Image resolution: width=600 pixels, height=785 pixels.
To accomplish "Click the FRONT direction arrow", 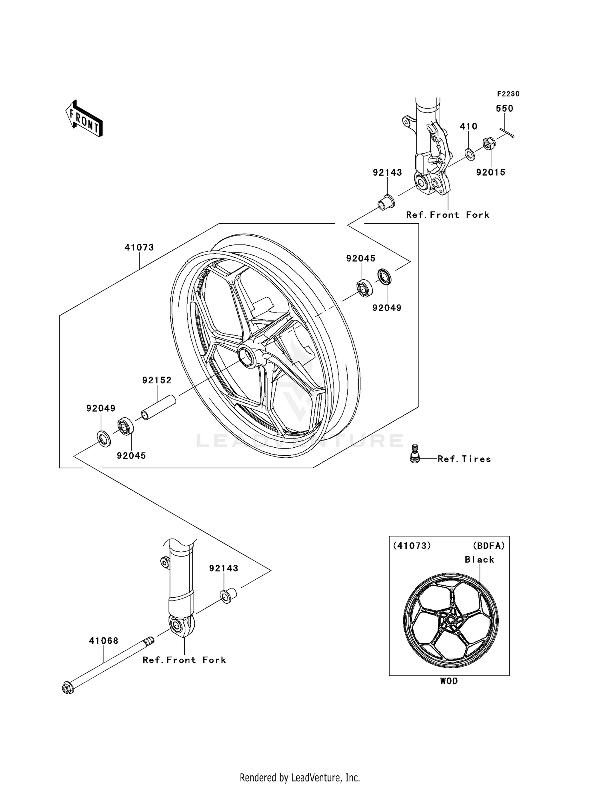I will click(x=84, y=118).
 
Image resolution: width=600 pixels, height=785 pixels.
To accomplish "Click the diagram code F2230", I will click(x=508, y=94).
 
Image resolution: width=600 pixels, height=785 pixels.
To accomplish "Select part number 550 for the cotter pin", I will click(x=504, y=108).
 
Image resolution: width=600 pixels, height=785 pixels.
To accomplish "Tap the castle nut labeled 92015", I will click(x=488, y=143).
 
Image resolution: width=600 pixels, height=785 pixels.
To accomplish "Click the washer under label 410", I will click(x=470, y=154).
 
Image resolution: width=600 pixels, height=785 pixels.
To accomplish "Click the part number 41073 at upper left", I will click(x=139, y=248).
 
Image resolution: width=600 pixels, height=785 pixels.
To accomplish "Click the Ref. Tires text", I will click(x=464, y=459).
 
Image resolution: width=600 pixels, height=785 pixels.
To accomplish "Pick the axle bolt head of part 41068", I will click(x=68, y=688).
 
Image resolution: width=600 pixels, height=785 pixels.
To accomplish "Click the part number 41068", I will click(x=104, y=641).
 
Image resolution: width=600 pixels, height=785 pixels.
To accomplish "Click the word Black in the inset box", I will click(x=479, y=560).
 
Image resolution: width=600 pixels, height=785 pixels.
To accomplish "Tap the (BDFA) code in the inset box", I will click(x=488, y=546).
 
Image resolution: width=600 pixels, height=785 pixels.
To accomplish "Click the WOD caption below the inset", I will click(x=449, y=681).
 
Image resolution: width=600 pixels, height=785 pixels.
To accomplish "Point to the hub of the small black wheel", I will click(x=451, y=621).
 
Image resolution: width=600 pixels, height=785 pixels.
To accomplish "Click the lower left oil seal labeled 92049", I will click(x=104, y=439).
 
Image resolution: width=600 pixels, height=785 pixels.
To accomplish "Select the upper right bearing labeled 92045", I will click(x=364, y=288).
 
